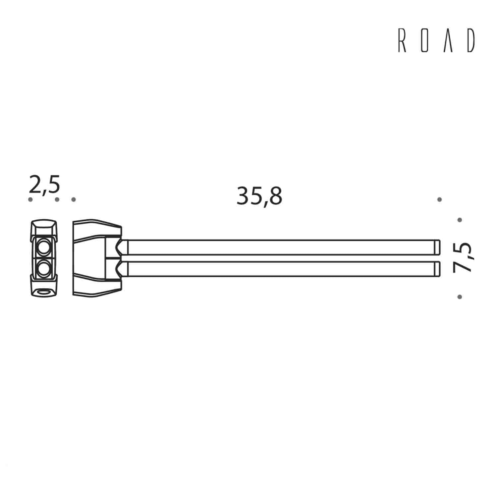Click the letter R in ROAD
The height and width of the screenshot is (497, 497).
click(402, 40)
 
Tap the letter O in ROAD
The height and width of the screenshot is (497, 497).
click(425, 40)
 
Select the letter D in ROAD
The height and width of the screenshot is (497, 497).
click(471, 40)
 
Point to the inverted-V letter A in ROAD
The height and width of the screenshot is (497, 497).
click(448, 40)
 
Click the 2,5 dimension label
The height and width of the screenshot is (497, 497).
click(44, 185)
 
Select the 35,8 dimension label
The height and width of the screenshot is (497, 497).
click(259, 196)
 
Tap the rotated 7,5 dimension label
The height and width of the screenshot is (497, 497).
click(463, 257)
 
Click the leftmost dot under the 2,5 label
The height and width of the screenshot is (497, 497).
click(30, 199)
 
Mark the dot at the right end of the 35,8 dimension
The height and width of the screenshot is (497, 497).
click(439, 199)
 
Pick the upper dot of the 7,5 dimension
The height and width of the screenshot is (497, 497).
click(460, 220)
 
